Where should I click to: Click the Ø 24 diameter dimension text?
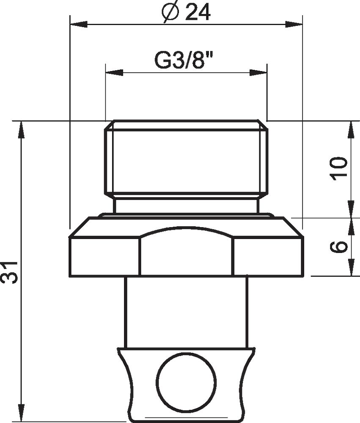coord(186,13)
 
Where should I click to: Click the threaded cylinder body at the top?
coord(186,161)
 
